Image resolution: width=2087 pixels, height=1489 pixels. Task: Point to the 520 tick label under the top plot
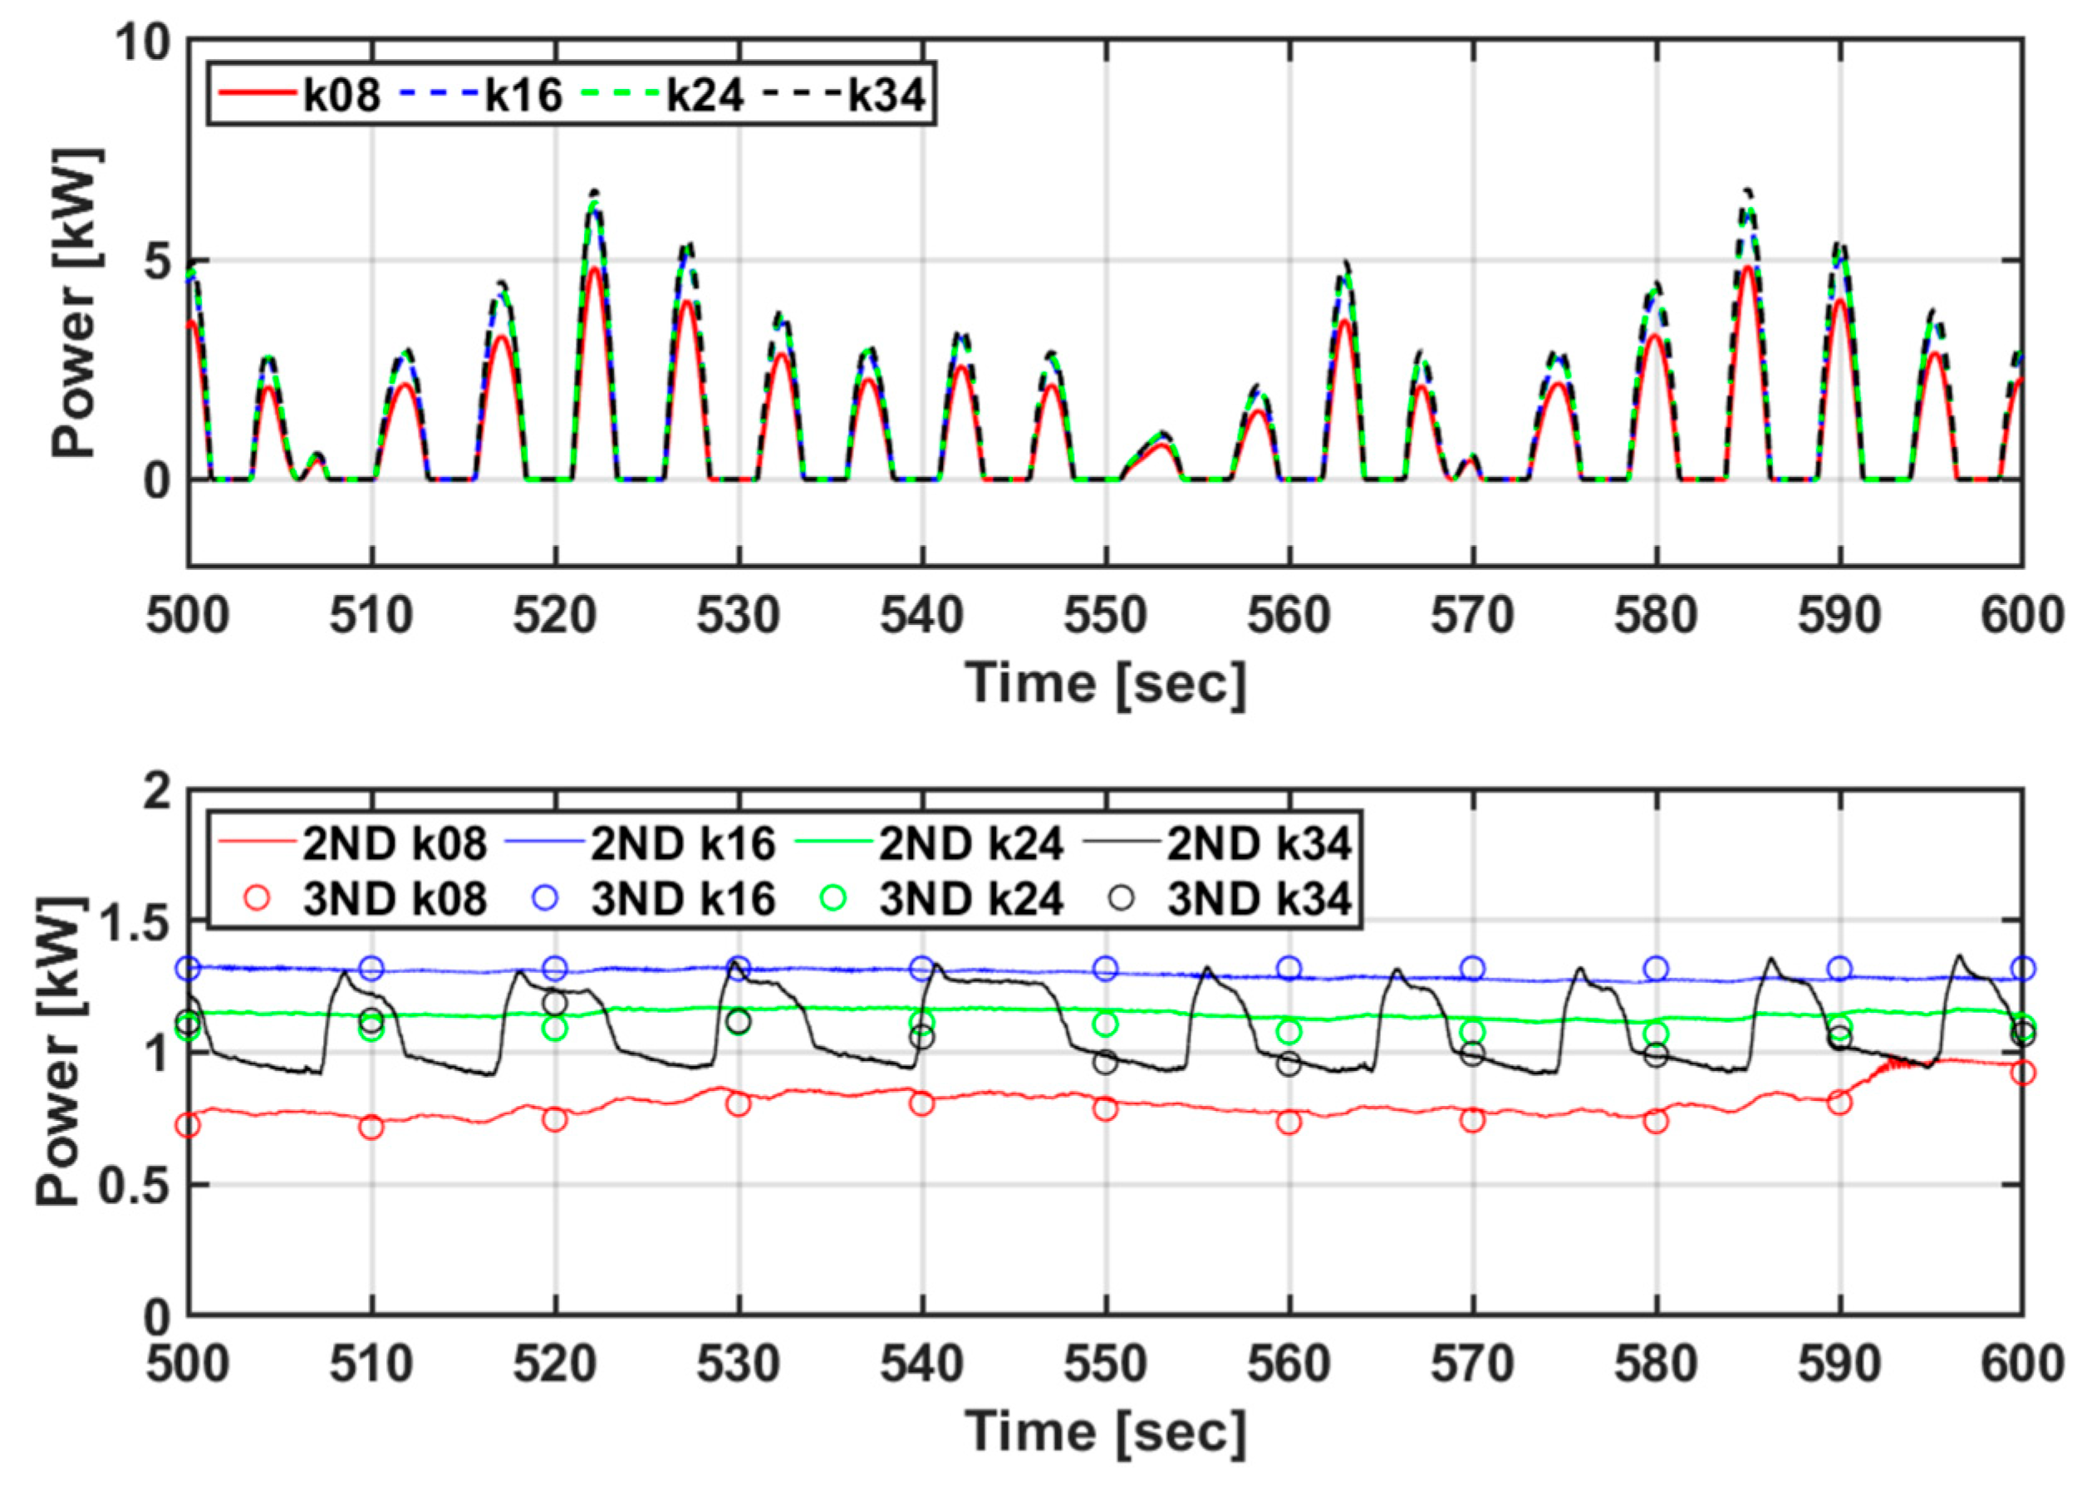coord(554,615)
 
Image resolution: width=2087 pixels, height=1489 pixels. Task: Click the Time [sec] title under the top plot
coord(1105,683)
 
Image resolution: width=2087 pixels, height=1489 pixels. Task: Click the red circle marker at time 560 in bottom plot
coord(1289,1123)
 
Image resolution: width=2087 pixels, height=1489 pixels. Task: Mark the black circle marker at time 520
coord(554,1003)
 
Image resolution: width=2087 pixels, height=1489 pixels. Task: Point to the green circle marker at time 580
coord(1656,1034)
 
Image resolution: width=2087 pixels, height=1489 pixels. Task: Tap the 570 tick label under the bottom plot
coord(1472,1364)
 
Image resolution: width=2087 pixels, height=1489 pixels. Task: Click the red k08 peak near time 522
coord(594,268)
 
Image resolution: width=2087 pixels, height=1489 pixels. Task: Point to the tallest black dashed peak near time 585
coord(1747,192)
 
